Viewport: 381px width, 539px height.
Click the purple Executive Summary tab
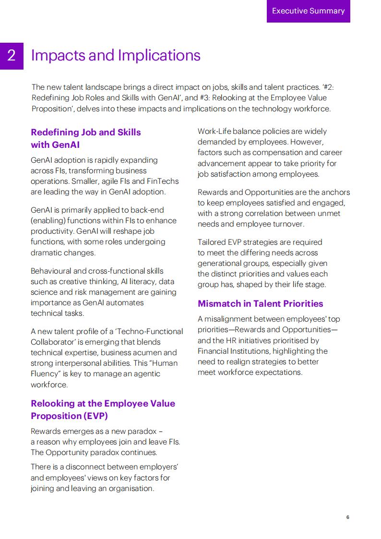[x=308, y=11]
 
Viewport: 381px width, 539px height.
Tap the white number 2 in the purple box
[x=12, y=56]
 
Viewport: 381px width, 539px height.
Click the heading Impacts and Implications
[x=116, y=56]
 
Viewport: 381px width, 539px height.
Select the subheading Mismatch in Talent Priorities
[x=260, y=303]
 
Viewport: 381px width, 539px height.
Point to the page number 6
[x=347, y=517]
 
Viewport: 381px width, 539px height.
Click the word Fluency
[x=44, y=373]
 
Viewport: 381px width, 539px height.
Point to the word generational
[x=219, y=263]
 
